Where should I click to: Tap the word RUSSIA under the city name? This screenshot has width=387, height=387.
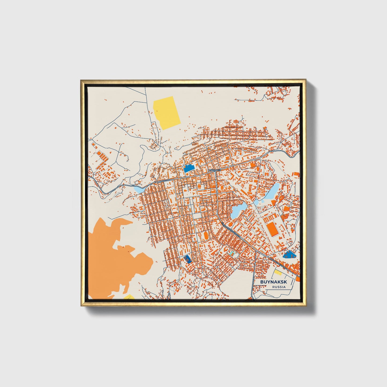coord(279,287)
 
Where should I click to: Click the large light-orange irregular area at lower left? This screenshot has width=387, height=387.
coord(112,257)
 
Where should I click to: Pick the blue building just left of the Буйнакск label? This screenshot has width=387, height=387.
coord(189,168)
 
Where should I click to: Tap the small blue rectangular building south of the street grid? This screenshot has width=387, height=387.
coord(187,259)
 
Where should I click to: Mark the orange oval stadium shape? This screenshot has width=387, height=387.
coord(206,236)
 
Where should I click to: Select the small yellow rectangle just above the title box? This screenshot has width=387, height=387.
coord(277,273)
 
